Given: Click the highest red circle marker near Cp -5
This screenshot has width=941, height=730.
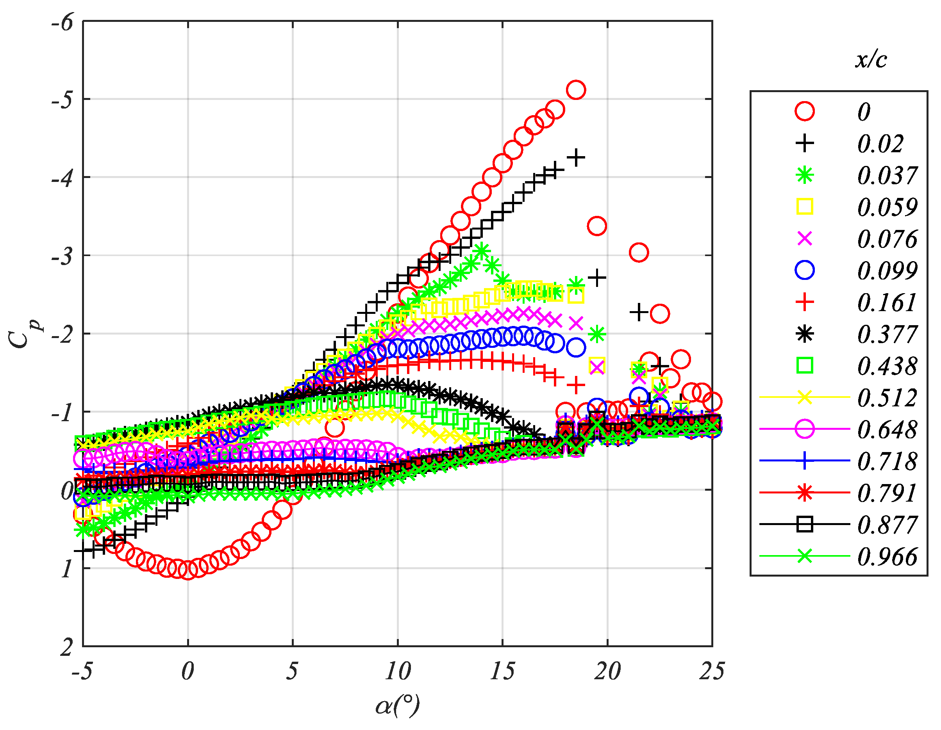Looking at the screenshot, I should click(576, 90).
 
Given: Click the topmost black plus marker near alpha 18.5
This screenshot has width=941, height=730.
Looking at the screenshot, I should click(576, 158).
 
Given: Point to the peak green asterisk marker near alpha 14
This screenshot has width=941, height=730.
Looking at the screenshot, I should click(482, 250).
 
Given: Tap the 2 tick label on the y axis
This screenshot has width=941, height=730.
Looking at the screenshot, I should click(66, 647).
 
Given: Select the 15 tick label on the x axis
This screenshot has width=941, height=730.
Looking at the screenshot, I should click(502, 671).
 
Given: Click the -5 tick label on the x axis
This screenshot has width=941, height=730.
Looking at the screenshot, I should click(82, 671).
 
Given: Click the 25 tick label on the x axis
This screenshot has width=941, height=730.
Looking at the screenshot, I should click(712, 671).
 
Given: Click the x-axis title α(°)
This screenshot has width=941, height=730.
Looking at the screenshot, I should click(397, 705).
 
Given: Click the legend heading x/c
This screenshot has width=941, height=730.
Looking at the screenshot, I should click(871, 59).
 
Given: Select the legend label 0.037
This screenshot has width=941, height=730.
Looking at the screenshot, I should click(887, 176).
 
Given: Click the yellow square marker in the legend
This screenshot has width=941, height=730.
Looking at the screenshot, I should click(804, 207).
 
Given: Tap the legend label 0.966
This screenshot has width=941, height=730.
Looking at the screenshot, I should click(887, 557).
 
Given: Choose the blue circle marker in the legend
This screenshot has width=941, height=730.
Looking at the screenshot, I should click(804, 271).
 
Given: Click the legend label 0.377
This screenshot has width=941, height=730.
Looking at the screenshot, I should click(887, 335).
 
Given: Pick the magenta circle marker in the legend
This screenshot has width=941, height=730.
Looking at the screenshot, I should click(804, 429).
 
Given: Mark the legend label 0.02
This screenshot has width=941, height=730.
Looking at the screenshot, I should click(880, 144).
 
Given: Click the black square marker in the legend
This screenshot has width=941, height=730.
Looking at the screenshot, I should click(804, 525).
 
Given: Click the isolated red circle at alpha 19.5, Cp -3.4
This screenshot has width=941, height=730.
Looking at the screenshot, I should click(597, 226).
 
